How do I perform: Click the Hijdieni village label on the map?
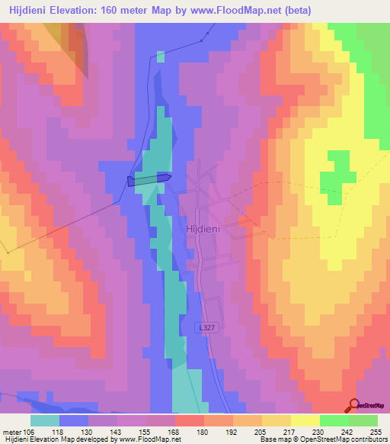coord(200,227)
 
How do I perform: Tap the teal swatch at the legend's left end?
coord(45,420)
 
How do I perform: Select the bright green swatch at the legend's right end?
coord(363,420)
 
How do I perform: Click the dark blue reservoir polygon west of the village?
coord(149,180)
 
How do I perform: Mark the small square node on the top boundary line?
coord(206,40)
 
